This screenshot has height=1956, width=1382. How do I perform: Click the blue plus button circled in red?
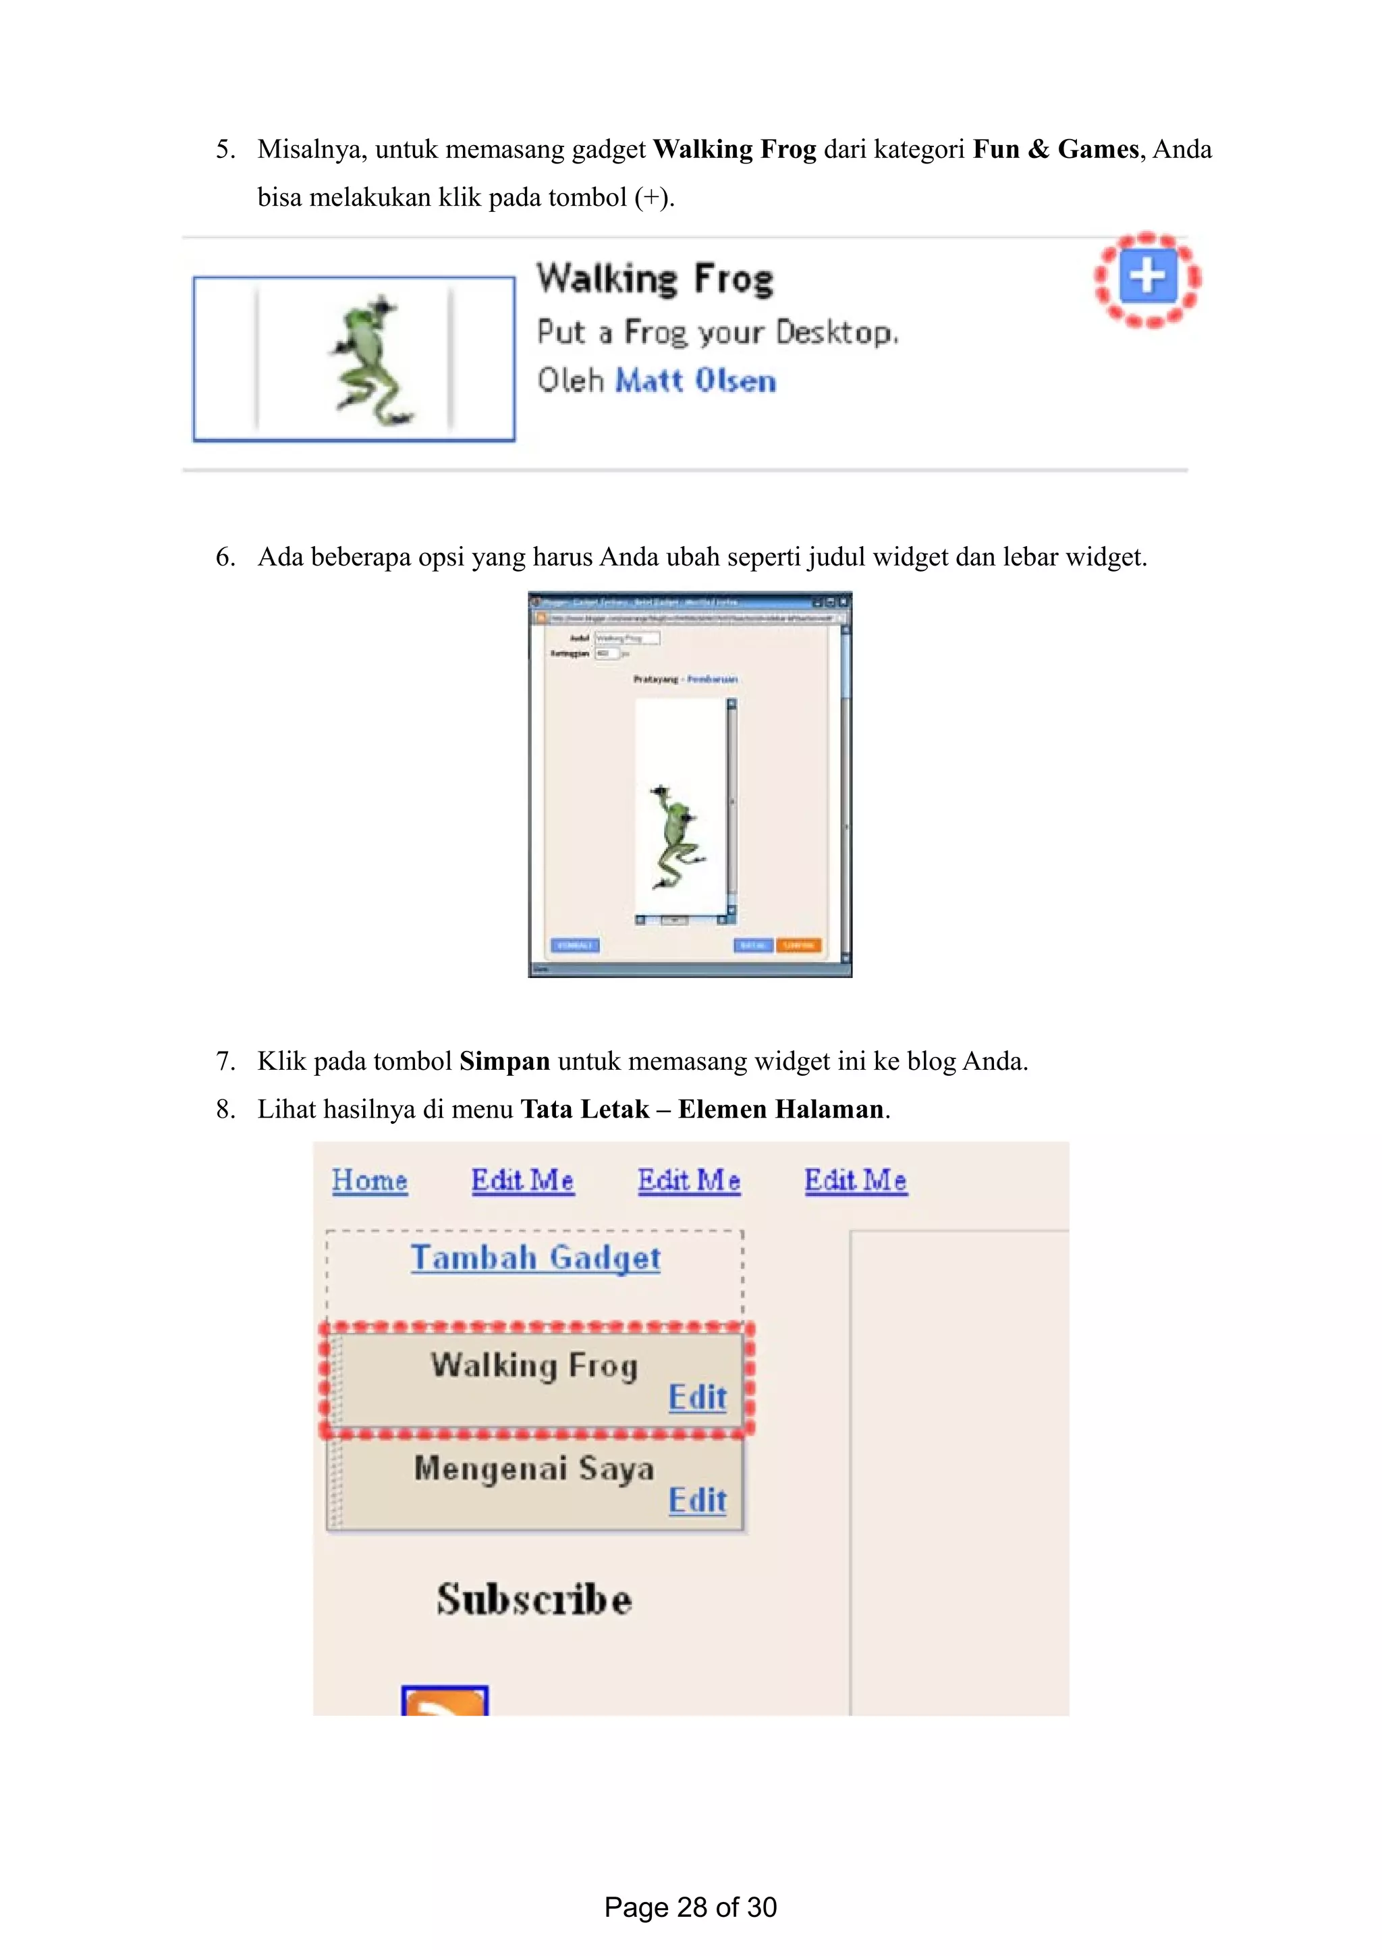[x=1147, y=277]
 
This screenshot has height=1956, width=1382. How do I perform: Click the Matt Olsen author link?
[x=695, y=381]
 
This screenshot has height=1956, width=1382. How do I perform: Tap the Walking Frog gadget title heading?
[x=655, y=279]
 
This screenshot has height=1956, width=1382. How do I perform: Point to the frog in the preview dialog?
[x=674, y=836]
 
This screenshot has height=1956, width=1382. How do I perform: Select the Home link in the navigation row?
[x=370, y=1180]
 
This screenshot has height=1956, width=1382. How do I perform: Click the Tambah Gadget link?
[x=534, y=1258]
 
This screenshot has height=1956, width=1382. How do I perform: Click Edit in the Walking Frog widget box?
[x=696, y=1397]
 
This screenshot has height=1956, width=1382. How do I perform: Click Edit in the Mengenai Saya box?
[x=696, y=1500]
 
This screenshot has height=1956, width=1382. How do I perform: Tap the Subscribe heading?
[x=534, y=1599]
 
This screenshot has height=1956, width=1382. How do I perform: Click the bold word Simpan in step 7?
[x=504, y=1062]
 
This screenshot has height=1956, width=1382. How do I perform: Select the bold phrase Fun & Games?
[x=1055, y=149]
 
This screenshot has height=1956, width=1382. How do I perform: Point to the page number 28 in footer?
[x=690, y=1907]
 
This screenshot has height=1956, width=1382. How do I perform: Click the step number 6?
[x=224, y=557]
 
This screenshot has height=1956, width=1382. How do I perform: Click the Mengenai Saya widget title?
[x=534, y=1469]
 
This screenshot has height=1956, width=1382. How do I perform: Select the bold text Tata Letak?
[x=584, y=1109]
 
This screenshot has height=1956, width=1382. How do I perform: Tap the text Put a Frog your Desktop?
[x=717, y=332]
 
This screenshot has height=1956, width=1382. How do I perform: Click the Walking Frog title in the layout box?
[x=533, y=1365]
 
